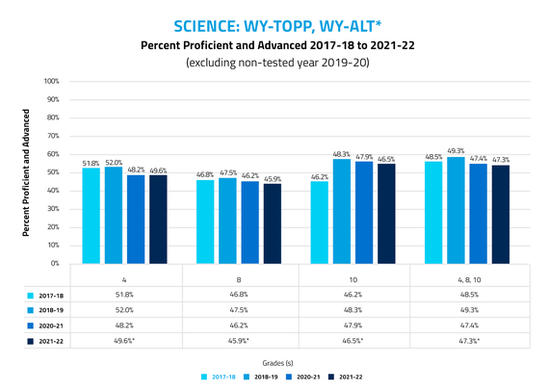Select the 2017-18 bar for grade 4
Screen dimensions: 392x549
tap(91, 216)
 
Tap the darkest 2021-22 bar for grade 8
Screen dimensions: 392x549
tap(273, 222)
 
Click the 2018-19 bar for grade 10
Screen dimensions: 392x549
tap(341, 211)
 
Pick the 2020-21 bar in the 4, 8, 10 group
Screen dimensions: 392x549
tap(478, 213)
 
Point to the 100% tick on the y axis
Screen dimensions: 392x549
tap(53, 81)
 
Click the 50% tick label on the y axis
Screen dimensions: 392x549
tap(55, 172)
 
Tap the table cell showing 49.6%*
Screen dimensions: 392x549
tap(125, 341)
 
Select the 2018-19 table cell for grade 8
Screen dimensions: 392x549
tap(239, 310)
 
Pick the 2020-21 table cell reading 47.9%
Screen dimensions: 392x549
tap(353, 326)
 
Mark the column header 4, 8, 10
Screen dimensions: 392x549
tap(467, 279)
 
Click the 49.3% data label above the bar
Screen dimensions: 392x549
tap(456, 150)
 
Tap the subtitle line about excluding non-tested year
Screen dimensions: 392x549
tap(274, 64)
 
